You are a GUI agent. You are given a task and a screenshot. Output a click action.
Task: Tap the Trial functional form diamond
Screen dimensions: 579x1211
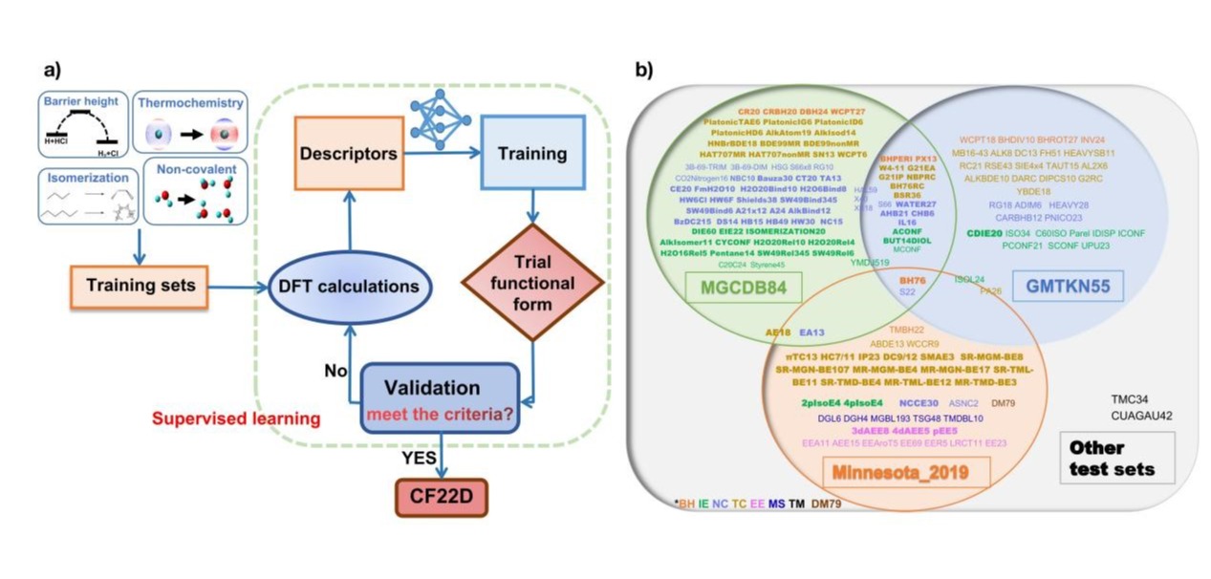532,283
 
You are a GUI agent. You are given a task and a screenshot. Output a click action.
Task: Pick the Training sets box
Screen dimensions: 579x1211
139,285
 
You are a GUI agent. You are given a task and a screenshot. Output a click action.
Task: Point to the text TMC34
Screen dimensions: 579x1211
1135,399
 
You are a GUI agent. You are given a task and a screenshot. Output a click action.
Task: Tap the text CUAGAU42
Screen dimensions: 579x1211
1141,416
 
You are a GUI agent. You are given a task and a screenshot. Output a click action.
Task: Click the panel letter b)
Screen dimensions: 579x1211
644,70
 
